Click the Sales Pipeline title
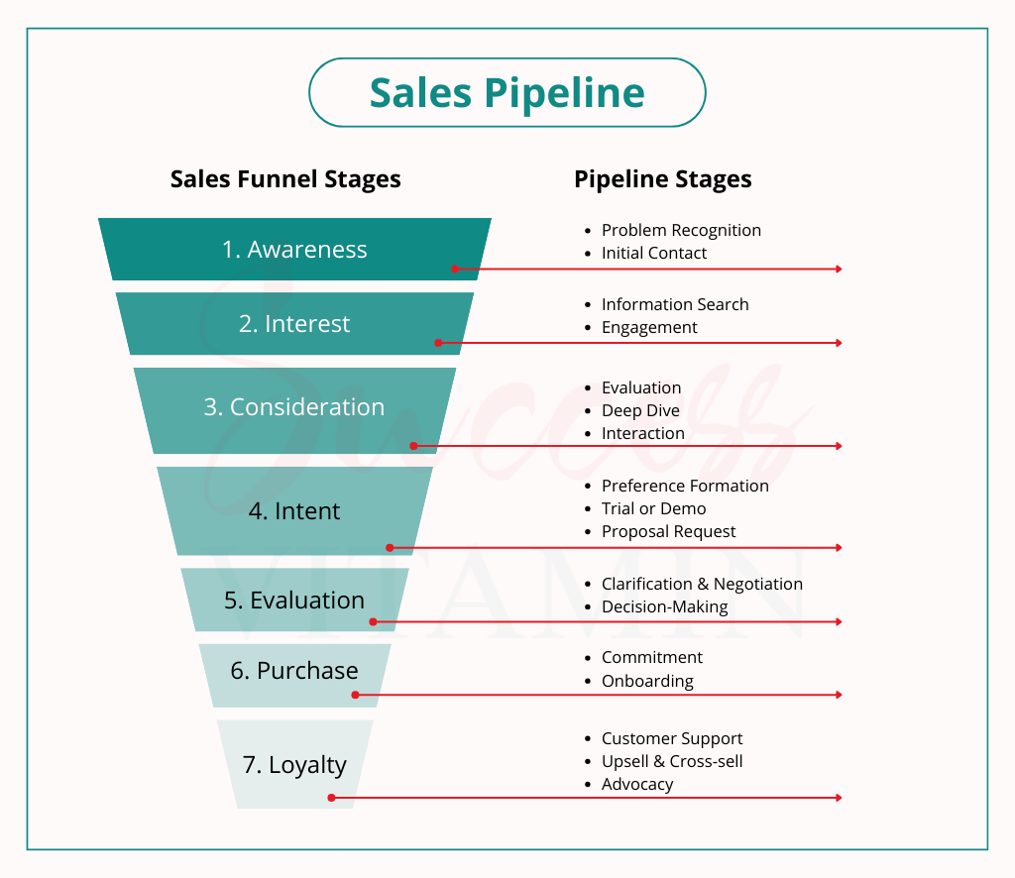[507, 92]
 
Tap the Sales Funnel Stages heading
[285, 179]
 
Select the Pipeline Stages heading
[662, 179]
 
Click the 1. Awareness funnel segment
[294, 250]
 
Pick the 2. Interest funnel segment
[294, 324]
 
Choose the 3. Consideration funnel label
[294, 407]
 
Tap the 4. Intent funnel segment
[294, 511]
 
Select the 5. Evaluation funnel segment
[294, 601]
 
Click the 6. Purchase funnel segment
[294, 671]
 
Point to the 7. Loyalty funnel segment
[294, 765]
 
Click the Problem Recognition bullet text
[681, 230]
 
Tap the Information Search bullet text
[675, 304]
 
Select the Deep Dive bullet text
[640, 410]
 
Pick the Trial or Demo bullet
[653, 508]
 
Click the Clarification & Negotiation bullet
[702, 584]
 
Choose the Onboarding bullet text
[647, 681]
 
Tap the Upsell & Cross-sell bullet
[672, 761]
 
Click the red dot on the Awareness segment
[455, 269]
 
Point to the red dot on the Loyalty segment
[331, 797]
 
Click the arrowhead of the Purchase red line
[839, 695]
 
